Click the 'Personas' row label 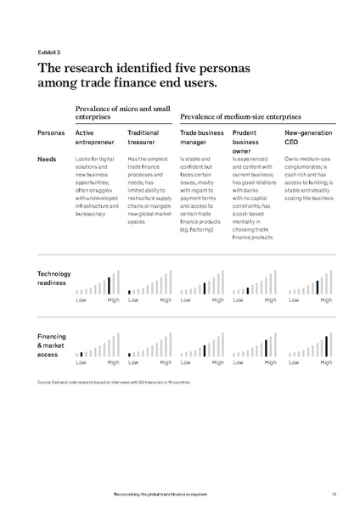[52, 133]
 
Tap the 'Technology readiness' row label [54, 277]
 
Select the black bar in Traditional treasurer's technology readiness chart [129, 291]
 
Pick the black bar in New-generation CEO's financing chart [327, 345]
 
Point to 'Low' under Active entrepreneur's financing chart [81, 362]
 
